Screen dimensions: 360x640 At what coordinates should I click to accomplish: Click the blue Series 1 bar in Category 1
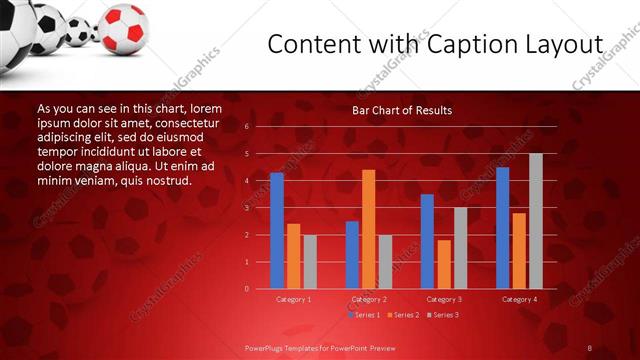[x=277, y=231]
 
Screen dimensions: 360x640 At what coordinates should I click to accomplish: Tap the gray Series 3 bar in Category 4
[x=536, y=221]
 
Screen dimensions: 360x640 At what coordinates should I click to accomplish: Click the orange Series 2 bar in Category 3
[x=444, y=264]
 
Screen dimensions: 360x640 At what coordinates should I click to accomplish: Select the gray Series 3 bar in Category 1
[x=310, y=262]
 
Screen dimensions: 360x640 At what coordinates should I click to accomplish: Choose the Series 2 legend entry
[x=401, y=314]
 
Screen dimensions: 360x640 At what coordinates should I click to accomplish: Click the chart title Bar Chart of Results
[x=401, y=110]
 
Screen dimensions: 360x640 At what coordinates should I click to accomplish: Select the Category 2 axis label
[x=369, y=299]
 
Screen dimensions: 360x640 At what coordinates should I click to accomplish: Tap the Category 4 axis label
[x=519, y=299]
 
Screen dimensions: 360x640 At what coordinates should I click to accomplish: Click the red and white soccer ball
[x=124, y=27]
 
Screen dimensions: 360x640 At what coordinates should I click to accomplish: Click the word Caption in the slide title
[x=465, y=45]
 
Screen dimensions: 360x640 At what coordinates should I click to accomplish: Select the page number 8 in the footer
[x=590, y=347]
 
